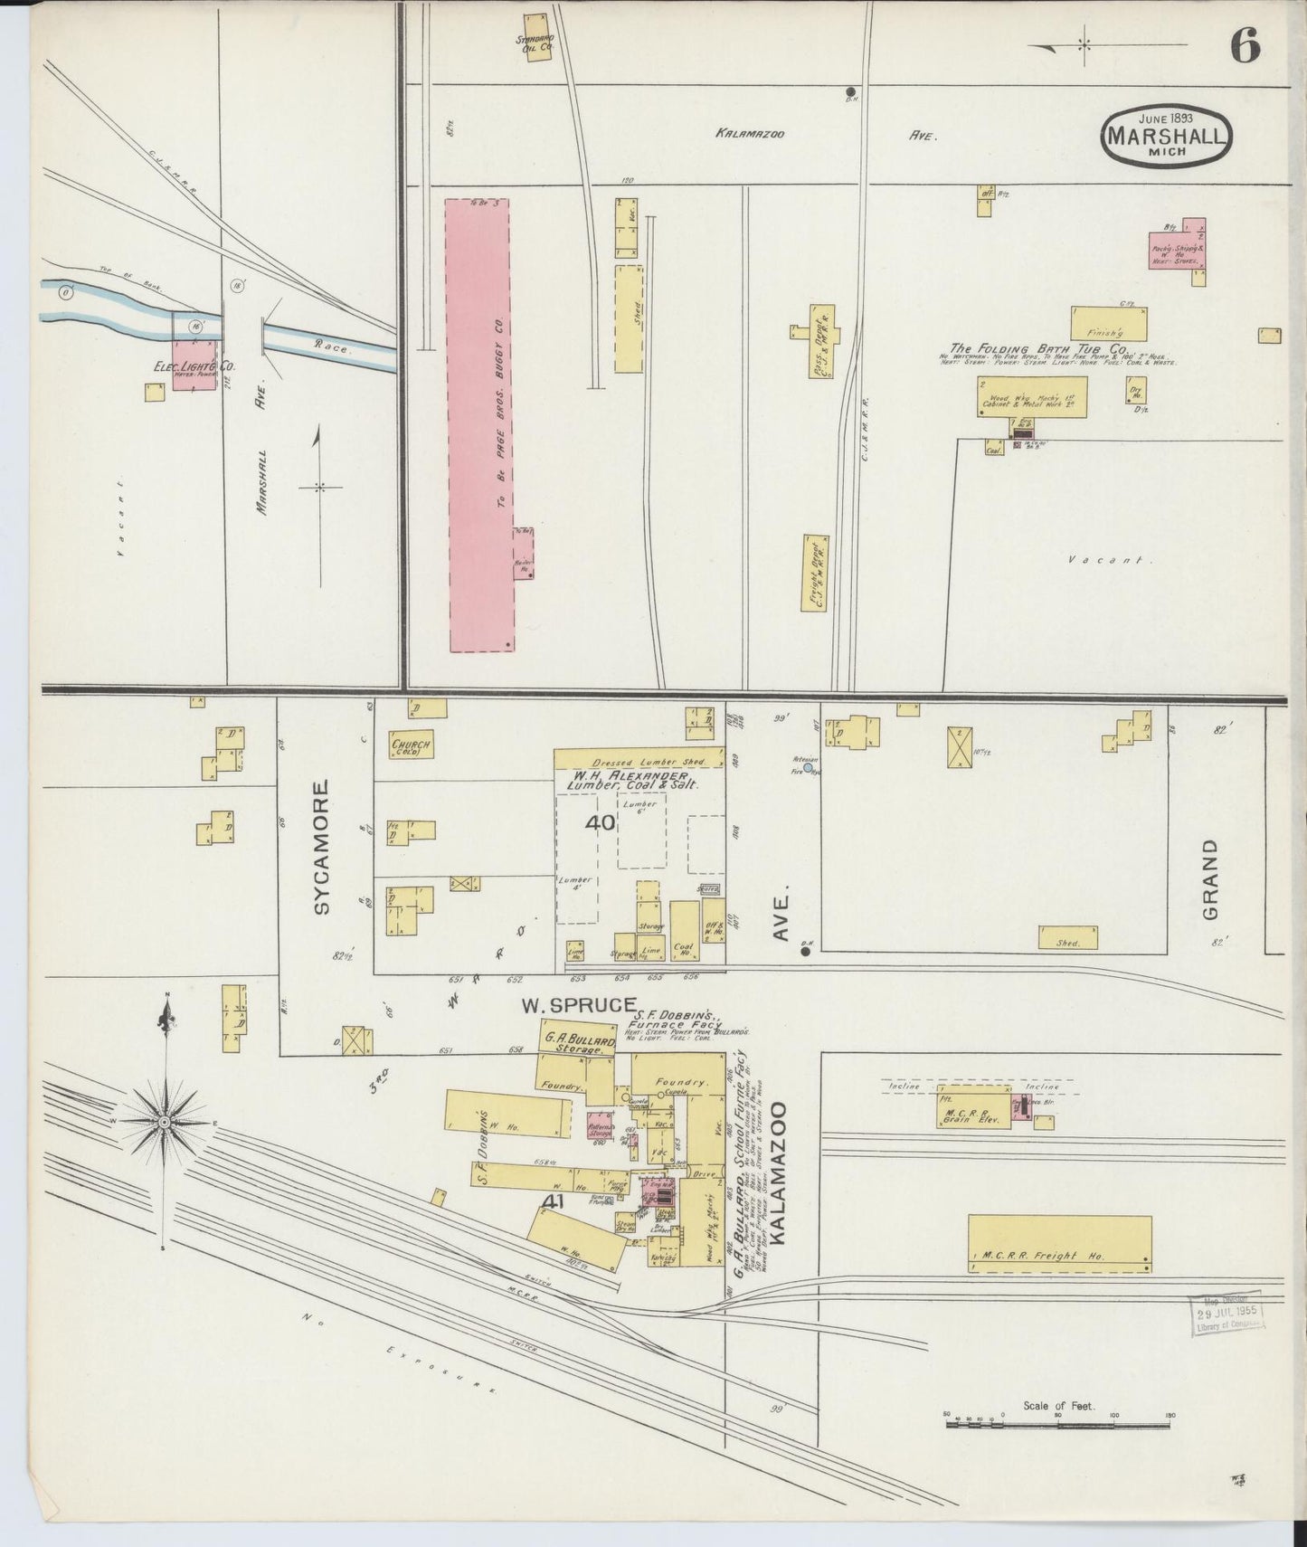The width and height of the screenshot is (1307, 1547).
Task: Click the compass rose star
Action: (x=165, y=1122)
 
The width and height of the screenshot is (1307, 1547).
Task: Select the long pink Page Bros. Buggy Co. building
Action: (x=479, y=425)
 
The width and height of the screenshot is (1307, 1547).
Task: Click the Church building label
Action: (x=411, y=746)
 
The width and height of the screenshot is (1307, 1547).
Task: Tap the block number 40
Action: (x=600, y=823)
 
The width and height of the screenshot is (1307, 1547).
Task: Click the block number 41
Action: (x=556, y=1201)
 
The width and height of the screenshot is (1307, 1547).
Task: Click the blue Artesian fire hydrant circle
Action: (x=808, y=766)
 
